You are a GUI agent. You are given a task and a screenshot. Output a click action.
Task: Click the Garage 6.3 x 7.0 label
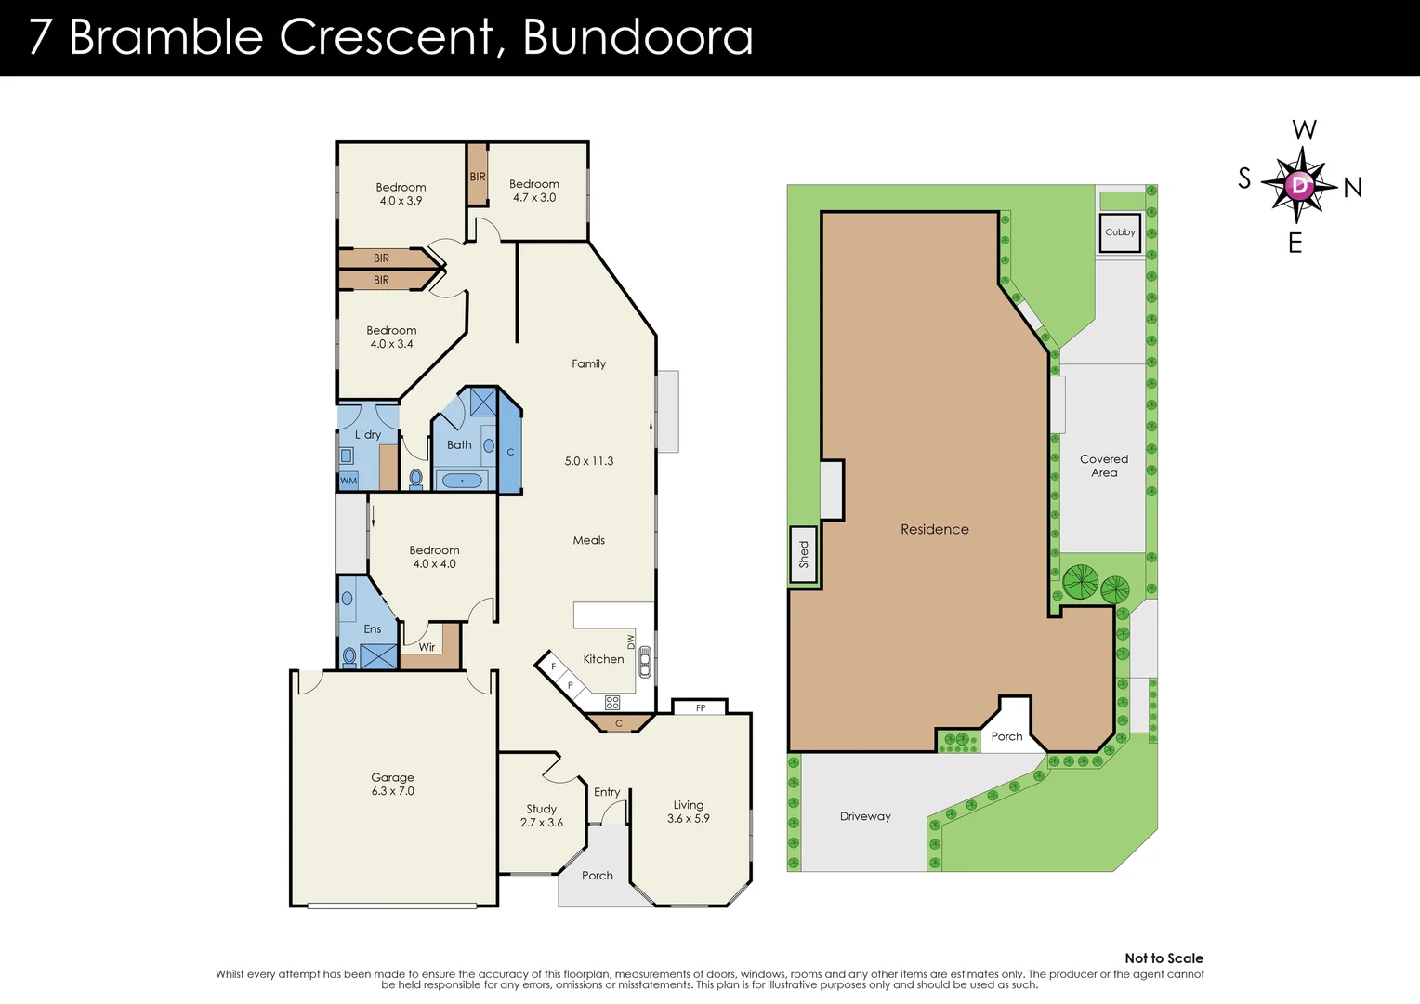(x=392, y=784)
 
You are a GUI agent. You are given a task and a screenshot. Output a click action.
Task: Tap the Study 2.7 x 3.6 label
(x=542, y=815)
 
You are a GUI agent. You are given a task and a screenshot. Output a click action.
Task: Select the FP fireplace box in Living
(x=701, y=707)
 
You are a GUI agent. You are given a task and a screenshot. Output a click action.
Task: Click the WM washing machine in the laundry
(x=348, y=481)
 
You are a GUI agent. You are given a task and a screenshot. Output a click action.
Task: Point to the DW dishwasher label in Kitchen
(x=631, y=641)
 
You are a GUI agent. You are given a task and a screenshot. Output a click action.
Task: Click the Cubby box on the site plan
(x=1120, y=232)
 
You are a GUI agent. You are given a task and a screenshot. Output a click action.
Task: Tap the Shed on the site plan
(x=804, y=555)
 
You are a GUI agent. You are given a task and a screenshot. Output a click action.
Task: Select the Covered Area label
(x=1103, y=466)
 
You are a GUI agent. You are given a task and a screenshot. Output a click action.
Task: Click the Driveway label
(x=865, y=816)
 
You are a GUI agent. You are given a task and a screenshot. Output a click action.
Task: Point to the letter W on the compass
(x=1304, y=130)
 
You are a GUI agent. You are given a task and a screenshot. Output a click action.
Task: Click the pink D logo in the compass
(x=1299, y=185)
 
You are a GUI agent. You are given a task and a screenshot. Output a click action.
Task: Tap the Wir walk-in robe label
(x=427, y=647)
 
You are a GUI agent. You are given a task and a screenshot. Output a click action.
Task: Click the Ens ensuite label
(x=372, y=629)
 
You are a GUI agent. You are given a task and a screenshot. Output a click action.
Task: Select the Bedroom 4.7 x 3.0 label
(x=534, y=191)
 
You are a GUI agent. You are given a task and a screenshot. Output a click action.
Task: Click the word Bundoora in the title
(x=638, y=37)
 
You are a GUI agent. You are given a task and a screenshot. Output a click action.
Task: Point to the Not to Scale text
(x=1164, y=958)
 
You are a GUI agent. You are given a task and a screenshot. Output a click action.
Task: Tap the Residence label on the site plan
(x=934, y=529)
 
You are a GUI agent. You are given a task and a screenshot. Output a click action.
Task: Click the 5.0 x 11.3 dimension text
(x=589, y=461)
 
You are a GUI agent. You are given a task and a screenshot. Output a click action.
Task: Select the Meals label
(x=588, y=540)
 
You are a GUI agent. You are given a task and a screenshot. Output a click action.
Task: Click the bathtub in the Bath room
(x=462, y=481)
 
